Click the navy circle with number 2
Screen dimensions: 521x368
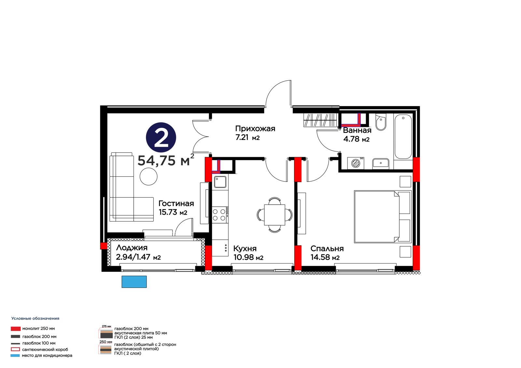(x=161, y=138)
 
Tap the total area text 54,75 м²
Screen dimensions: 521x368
(x=166, y=160)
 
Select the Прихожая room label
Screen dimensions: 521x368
(x=255, y=129)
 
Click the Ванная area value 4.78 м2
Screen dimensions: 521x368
(x=356, y=139)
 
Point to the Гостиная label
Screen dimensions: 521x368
(x=176, y=203)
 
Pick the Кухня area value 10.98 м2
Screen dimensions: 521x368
(x=248, y=258)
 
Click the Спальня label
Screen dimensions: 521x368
(x=327, y=249)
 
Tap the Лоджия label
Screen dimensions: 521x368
(x=132, y=248)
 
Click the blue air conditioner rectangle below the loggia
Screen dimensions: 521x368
(x=134, y=282)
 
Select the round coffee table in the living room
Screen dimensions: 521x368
(x=148, y=177)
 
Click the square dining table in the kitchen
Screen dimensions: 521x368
(x=275, y=215)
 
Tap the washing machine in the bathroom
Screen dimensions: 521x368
(x=356, y=163)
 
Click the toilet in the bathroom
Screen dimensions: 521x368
(x=381, y=122)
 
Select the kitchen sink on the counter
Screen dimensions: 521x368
(x=220, y=182)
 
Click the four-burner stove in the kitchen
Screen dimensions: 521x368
(x=220, y=215)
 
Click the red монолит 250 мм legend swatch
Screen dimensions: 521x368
(x=16, y=329)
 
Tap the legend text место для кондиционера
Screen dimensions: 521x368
(x=47, y=355)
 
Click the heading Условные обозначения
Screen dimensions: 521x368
(x=35, y=319)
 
